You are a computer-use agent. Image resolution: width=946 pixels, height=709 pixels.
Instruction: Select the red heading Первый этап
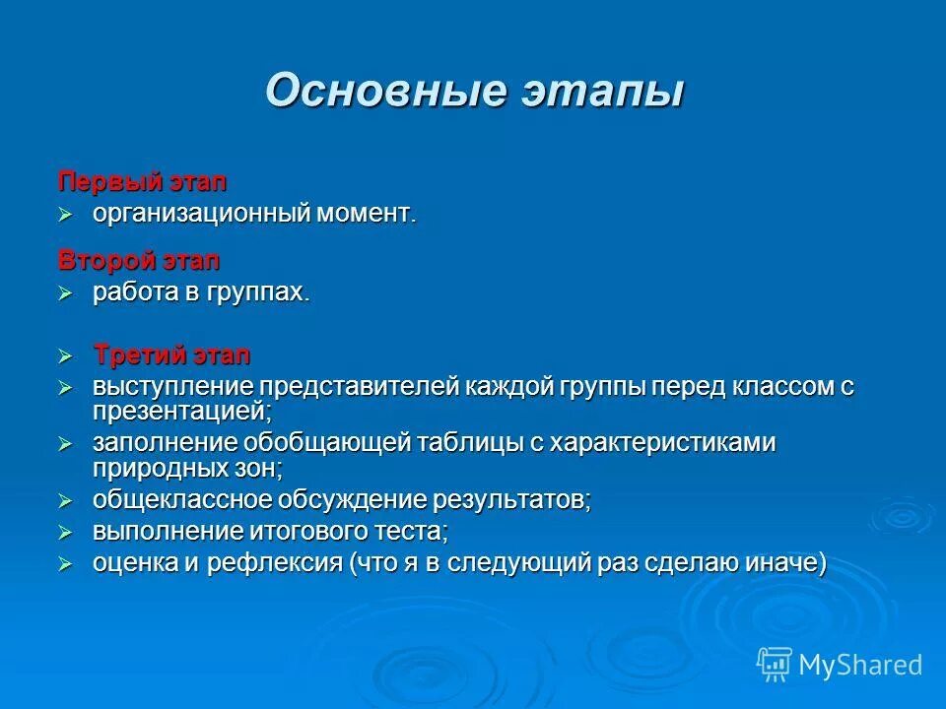(142, 182)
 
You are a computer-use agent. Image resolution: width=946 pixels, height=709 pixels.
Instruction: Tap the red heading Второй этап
(139, 262)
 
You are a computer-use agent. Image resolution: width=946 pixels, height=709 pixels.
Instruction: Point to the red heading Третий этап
(171, 354)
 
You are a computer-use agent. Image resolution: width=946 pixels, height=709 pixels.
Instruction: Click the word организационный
(201, 214)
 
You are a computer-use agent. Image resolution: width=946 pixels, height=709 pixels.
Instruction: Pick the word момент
(366, 214)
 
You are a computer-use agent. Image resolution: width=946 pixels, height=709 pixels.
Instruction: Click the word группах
(258, 293)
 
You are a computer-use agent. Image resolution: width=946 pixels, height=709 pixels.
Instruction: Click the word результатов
(512, 500)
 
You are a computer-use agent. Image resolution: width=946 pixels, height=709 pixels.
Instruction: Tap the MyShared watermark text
(860, 665)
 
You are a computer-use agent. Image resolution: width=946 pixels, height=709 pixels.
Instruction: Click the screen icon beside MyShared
(775, 665)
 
